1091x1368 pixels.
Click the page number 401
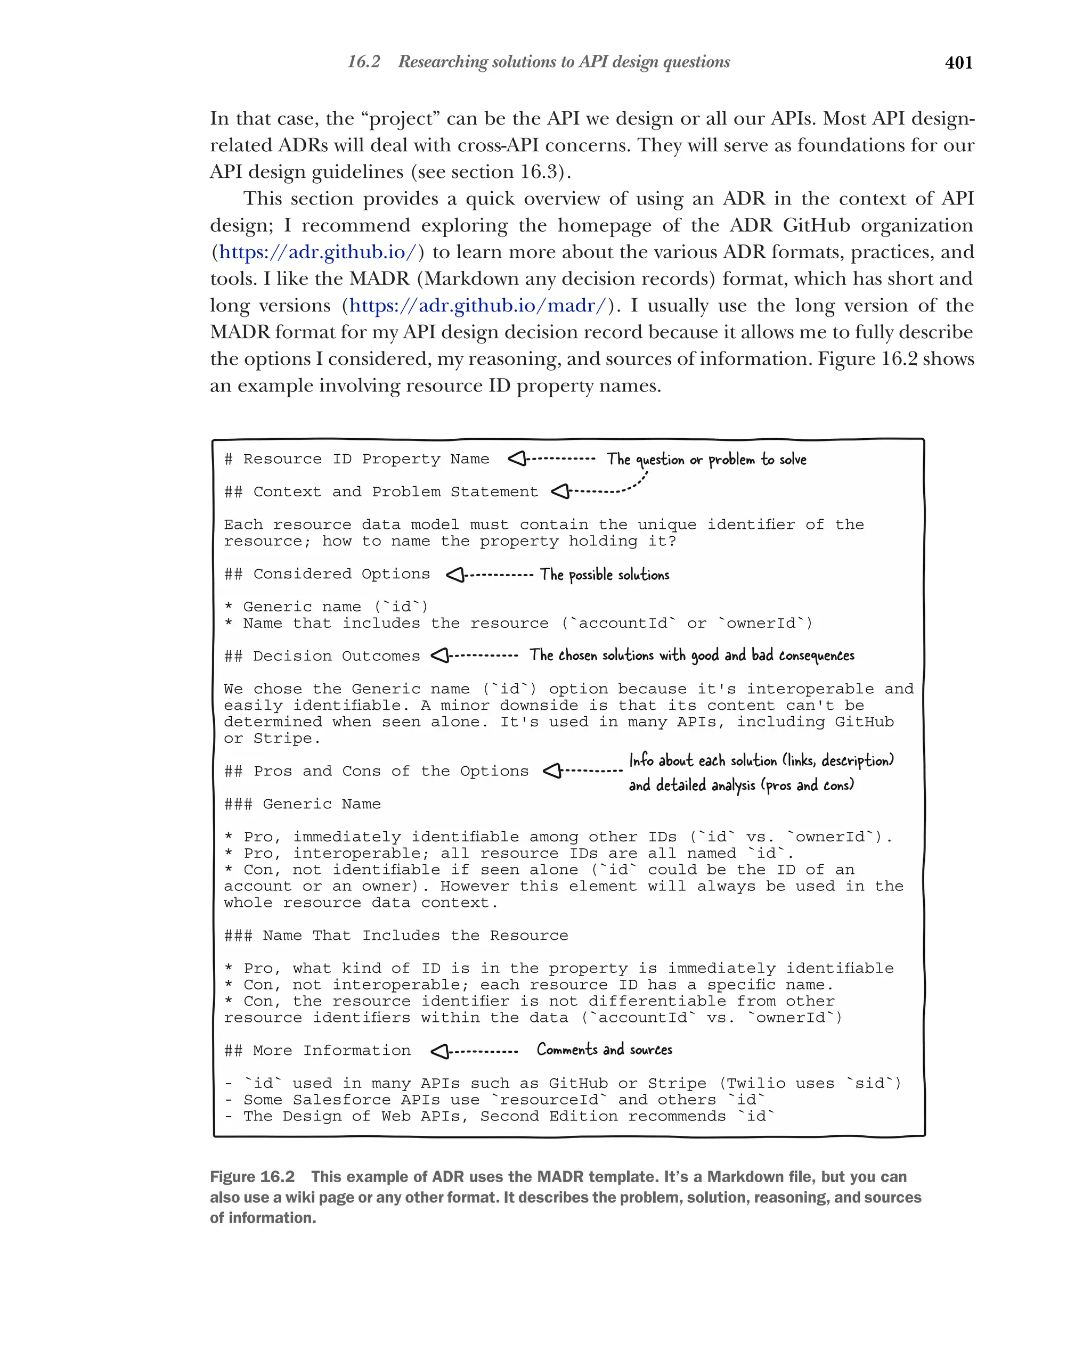958,63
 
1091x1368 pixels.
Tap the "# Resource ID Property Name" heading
357,458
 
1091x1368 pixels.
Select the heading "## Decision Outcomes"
322,656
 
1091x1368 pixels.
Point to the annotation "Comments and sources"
604,1050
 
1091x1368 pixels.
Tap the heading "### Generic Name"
302,804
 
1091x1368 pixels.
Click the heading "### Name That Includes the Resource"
395,935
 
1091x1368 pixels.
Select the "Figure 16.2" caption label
252,1177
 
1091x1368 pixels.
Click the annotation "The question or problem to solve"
706,460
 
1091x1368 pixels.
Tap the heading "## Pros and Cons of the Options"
376,771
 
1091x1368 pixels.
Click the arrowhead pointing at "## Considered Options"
455,575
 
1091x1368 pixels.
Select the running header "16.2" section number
364,62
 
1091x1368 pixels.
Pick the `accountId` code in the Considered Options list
623,623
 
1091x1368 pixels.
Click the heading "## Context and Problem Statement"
380,492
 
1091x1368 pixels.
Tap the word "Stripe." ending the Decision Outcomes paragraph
287,739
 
